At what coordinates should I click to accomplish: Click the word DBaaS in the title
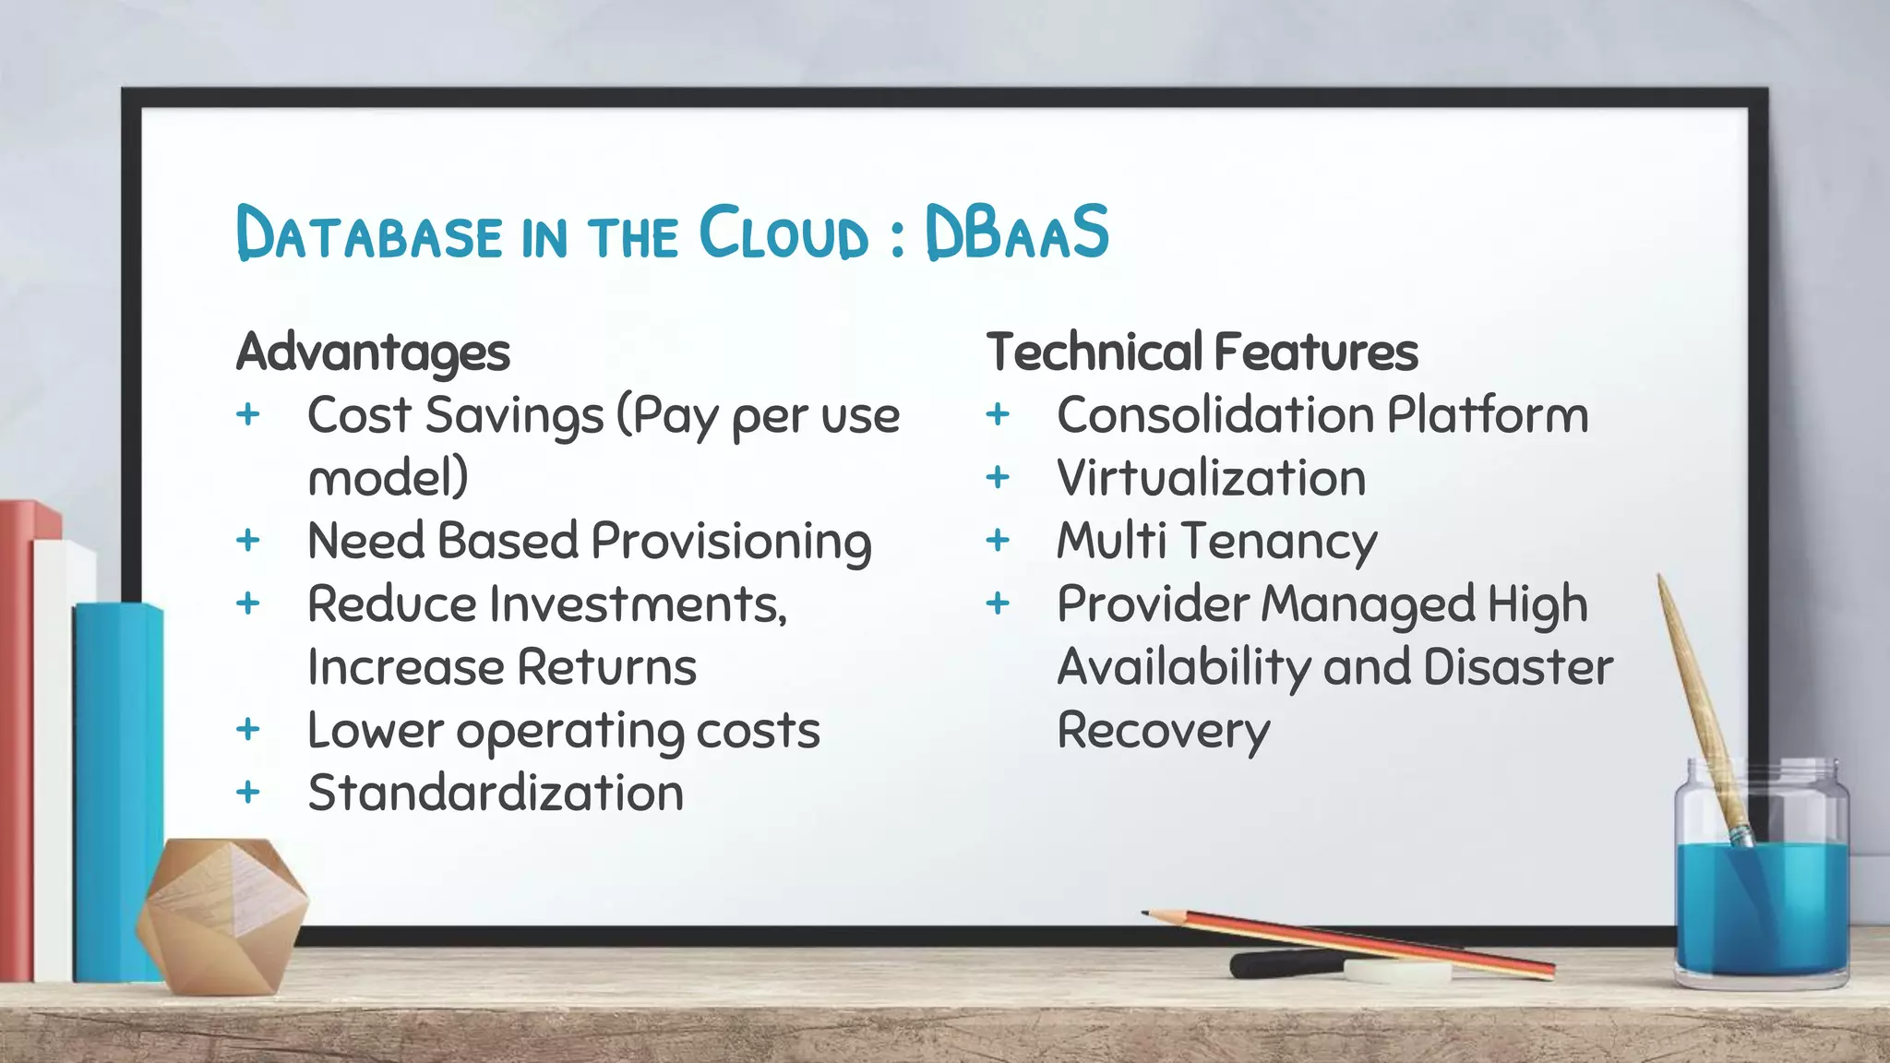coord(1016,232)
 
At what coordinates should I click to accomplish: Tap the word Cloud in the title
coord(784,233)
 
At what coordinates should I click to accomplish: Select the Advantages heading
coord(373,353)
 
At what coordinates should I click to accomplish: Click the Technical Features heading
coord(1202,352)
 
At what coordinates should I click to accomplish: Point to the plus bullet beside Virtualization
coord(997,478)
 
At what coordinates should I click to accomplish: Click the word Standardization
coord(496,794)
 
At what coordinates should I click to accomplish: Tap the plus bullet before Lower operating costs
coord(247,730)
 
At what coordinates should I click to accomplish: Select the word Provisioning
coord(731,542)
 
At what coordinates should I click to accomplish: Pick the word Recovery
coord(1163,732)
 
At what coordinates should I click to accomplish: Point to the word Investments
coord(638,604)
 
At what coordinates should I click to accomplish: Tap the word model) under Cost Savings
coord(388,478)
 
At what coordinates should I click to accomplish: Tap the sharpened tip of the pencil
coord(1147,914)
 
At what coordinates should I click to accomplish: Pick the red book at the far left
coord(17,738)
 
